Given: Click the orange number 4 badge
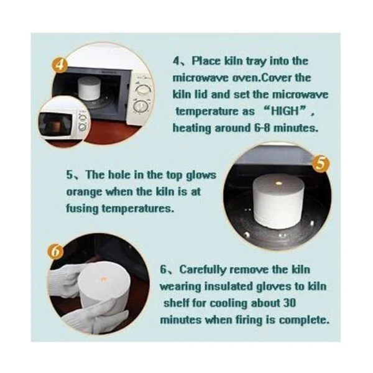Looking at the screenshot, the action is [x=60, y=64].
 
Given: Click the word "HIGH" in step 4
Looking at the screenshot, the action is [x=285, y=111].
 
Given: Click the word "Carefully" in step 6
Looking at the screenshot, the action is [x=202, y=270].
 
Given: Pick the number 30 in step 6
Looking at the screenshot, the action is [x=290, y=303].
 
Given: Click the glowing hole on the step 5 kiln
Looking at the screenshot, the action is [x=279, y=183].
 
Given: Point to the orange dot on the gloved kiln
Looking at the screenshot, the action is [x=104, y=279].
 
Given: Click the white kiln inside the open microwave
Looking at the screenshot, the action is [x=90, y=88].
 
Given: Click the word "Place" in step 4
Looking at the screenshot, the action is [x=206, y=61].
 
